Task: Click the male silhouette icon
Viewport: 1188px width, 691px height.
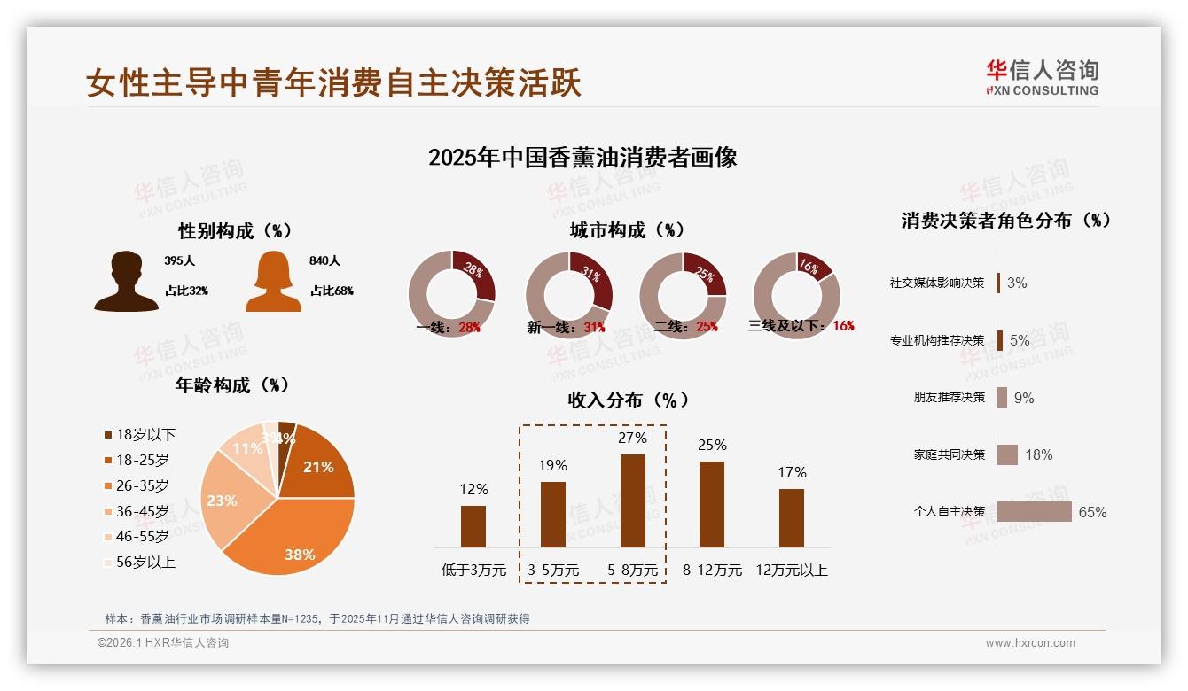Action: [126, 282]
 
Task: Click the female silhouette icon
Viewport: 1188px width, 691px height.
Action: [273, 282]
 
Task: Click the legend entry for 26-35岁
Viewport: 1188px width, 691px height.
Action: [142, 485]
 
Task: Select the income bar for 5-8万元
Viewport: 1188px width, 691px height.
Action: [632, 501]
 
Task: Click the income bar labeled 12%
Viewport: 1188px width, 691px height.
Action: [473, 526]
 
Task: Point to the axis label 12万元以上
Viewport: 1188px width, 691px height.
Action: [791, 570]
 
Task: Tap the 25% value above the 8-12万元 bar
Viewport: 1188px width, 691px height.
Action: [712, 445]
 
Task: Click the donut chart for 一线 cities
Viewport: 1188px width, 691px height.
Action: [452, 294]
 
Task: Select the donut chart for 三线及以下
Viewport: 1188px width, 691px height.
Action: [796, 294]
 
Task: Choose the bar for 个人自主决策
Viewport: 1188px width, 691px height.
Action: [1034, 511]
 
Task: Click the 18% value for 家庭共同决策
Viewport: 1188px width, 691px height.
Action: [1038, 454]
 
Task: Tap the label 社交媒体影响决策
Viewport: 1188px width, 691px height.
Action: [936, 283]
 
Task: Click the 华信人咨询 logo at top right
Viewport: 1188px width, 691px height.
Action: [1042, 77]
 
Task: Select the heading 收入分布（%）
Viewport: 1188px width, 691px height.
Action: [628, 400]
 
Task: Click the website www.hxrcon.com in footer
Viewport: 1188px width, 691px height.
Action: [1030, 643]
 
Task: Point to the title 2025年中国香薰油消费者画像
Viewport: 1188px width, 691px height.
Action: [582, 158]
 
